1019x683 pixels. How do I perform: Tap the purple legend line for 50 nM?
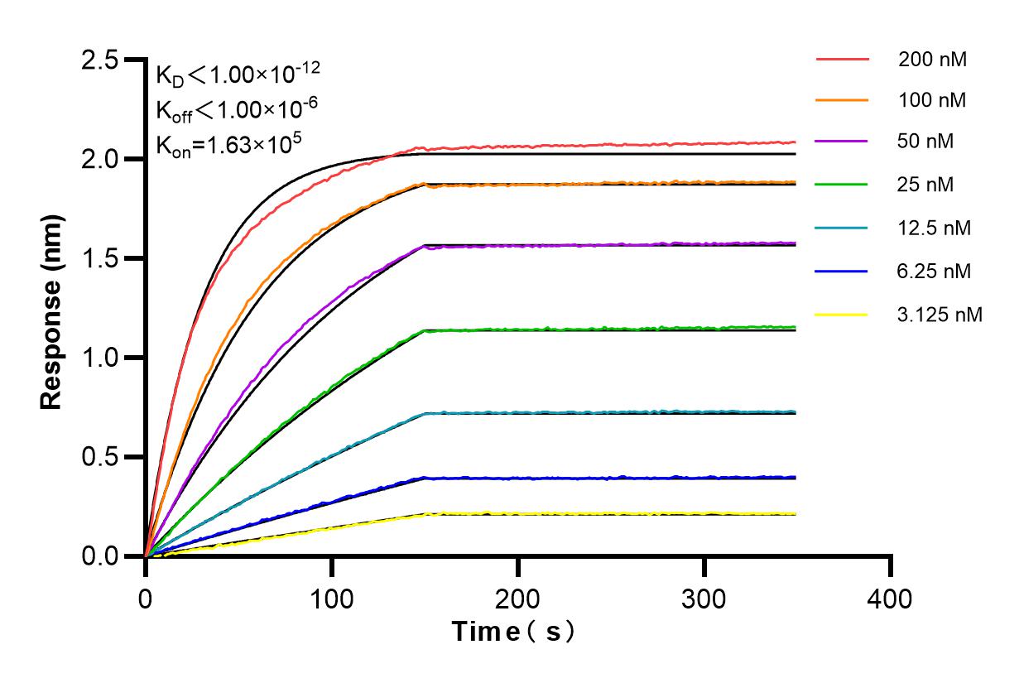[x=842, y=142]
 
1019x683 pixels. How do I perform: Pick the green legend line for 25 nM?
[x=842, y=185]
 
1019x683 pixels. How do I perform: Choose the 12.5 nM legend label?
[x=935, y=228]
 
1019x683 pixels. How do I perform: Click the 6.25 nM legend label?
[x=935, y=271]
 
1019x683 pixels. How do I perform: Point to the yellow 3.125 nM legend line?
[x=842, y=315]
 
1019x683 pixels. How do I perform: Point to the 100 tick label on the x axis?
[x=332, y=598]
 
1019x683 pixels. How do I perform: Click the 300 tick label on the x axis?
[x=704, y=598]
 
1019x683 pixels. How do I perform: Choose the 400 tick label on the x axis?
[x=891, y=598]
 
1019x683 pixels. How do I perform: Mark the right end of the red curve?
[x=795, y=142]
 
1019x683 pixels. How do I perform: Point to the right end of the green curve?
[x=795, y=327]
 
